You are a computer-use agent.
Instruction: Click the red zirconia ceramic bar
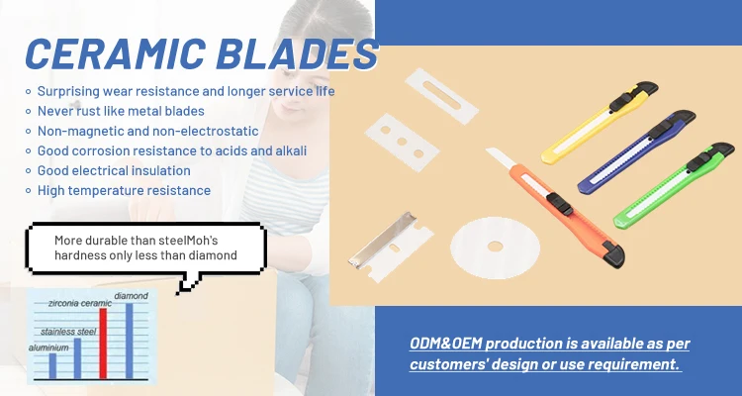[x=103, y=344]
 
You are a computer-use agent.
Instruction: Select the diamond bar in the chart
[x=130, y=341]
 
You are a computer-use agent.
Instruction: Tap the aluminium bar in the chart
[x=52, y=366]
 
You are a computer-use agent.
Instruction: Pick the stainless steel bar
[x=77, y=358]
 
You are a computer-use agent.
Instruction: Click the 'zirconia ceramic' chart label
[x=80, y=304]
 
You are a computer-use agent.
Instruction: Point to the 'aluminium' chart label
[x=48, y=347]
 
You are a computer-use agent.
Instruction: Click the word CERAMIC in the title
[x=116, y=53]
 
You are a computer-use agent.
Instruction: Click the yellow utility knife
[x=600, y=122]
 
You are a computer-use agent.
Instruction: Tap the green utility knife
[x=674, y=185]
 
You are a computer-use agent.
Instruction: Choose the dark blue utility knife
[x=636, y=151]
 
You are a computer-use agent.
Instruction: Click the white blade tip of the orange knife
[x=502, y=157]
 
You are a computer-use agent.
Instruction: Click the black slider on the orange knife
[x=560, y=204]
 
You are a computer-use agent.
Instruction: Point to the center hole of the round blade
[x=495, y=247]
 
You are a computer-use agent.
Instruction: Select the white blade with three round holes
[x=403, y=142]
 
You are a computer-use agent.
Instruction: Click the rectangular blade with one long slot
[x=441, y=96]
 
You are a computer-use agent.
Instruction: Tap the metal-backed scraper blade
[x=391, y=247]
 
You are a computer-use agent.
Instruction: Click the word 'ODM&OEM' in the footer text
[x=446, y=344]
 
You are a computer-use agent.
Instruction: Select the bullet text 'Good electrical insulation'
[x=114, y=170]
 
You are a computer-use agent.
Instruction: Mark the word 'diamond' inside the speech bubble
[x=213, y=255]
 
